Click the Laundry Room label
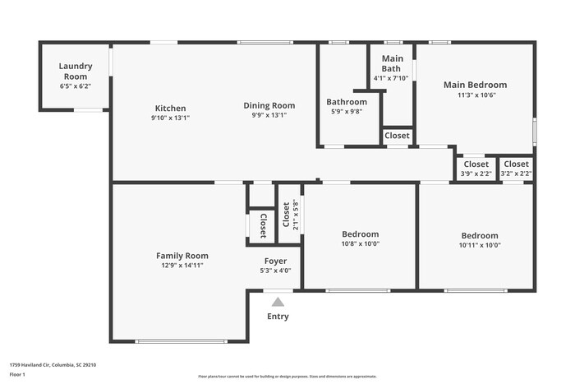pyautogui.click(x=76, y=71)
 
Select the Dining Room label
pyautogui.click(x=269, y=105)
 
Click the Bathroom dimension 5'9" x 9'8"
pyautogui.click(x=346, y=112)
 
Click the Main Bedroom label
pyautogui.click(x=475, y=85)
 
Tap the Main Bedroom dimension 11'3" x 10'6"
pyautogui.click(x=475, y=95)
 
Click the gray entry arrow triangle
pyautogui.click(x=278, y=302)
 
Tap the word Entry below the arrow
pyautogui.click(x=278, y=317)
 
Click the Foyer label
pyautogui.click(x=275, y=261)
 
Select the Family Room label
pyautogui.click(x=182, y=256)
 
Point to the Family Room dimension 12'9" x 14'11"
pyautogui.click(x=182, y=266)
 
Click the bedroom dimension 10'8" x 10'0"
pyautogui.click(x=360, y=244)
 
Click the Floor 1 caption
pyautogui.click(x=17, y=374)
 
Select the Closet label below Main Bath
pyautogui.click(x=397, y=136)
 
